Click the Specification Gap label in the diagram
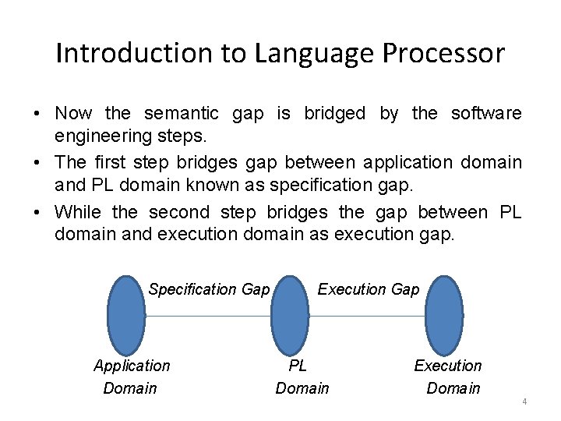tap(209, 289)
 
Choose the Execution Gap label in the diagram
tap(368, 289)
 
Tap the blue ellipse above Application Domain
tap(126, 316)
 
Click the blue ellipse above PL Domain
tap(290, 316)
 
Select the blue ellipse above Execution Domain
tap(444, 316)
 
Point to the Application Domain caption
tap(131, 377)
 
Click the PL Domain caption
tap(302, 377)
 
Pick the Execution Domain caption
tap(450, 377)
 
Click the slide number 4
tap(524, 402)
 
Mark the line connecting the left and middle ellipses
tap(208, 316)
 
